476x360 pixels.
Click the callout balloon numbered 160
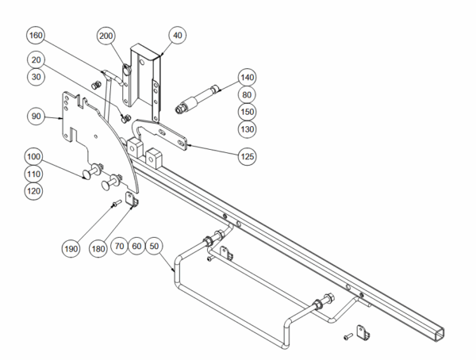[x=36, y=36]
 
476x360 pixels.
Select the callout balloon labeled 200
[x=107, y=36]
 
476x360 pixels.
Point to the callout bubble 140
[x=248, y=78]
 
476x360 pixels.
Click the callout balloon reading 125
[x=248, y=156]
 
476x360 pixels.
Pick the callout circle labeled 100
[x=36, y=156]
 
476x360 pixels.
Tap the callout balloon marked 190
[x=71, y=247]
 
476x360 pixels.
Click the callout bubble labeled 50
[x=155, y=247]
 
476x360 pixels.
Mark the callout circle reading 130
[x=248, y=128]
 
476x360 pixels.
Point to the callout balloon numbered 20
[x=36, y=59]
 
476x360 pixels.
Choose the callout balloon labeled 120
[x=36, y=190]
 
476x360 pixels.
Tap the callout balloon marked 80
[x=248, y=94]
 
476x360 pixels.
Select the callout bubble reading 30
[x=36, y=76]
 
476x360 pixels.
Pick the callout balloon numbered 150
[x=248, y=112]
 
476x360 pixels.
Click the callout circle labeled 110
[x=36, y=173]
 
